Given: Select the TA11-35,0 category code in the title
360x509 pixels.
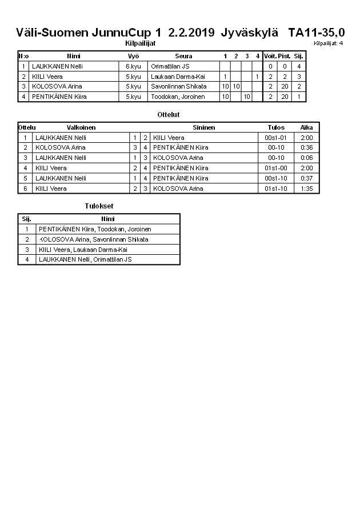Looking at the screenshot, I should coord(316,33).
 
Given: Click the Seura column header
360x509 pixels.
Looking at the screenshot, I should coord(183,56).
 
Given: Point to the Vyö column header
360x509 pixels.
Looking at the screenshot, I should coord(133,56).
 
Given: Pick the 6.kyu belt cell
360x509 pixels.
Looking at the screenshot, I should coord(133,66).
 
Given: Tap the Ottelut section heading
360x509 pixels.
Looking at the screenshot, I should coord(169,115).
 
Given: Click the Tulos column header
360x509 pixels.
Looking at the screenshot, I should coord(276,127).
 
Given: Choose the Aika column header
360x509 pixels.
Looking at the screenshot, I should coord(306,127).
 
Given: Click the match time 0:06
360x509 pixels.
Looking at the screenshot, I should coord(306,158).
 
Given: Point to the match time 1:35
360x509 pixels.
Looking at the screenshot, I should coord(306,189).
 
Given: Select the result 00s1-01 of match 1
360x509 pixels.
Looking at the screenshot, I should coord(276,138).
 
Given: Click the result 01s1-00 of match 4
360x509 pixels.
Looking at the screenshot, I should coord(276,168).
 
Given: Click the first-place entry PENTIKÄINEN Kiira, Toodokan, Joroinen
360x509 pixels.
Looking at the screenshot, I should coord(95,229).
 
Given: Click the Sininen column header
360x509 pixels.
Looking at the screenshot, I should coord(204,127).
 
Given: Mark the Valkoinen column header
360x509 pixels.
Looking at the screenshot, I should coord(81,127).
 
